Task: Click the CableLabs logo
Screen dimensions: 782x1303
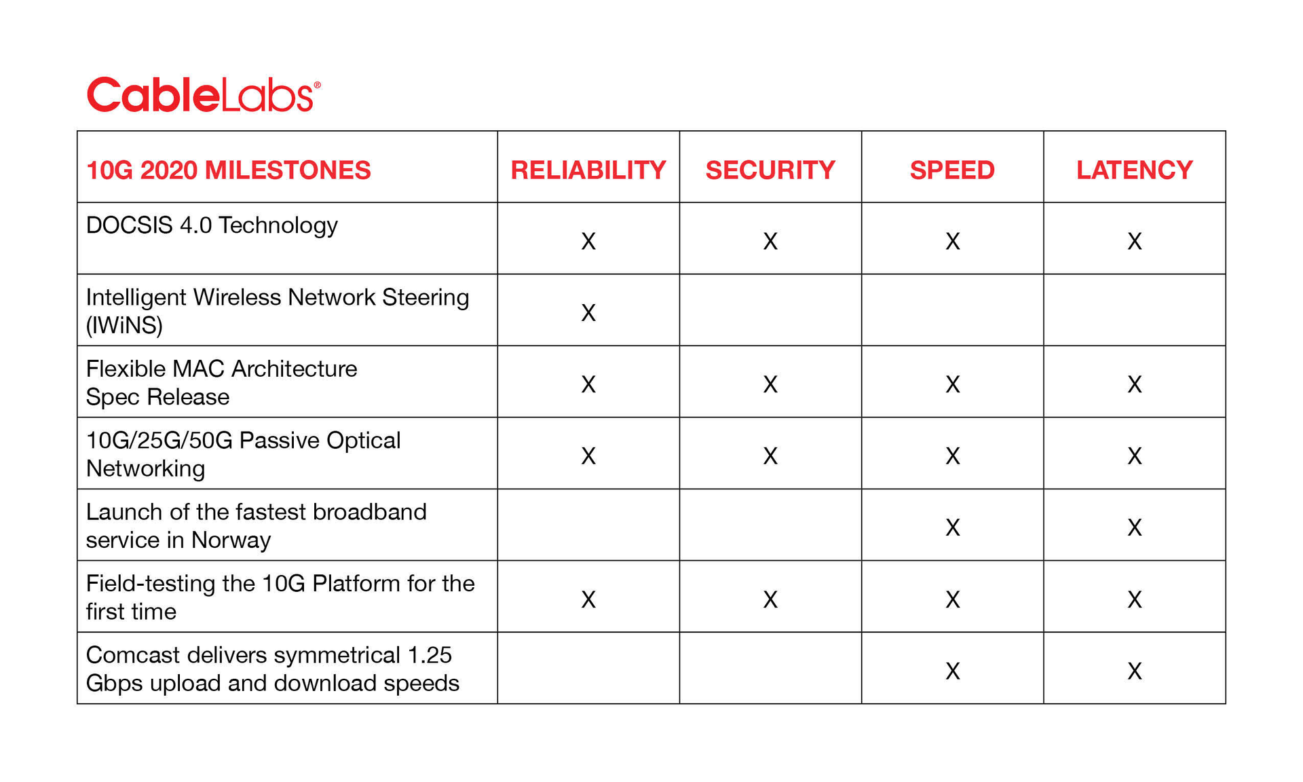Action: [x=203, y=94]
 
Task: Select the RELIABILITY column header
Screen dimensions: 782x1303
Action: [x=588, y=170]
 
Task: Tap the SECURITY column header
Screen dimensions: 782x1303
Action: [x=770, y=170]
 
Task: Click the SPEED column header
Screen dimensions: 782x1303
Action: [x=952, y=170]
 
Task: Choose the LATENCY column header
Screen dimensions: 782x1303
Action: [x=1134, y=170]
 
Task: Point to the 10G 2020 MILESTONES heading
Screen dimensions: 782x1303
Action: [x=229, y=170]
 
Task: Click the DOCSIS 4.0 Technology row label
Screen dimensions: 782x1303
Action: [x=212, y=225]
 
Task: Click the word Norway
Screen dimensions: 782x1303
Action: [x=231, y=540]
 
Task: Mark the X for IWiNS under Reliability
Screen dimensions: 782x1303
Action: [x=588, y=313]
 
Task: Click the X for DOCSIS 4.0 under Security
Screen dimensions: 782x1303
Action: [x=770, y=241]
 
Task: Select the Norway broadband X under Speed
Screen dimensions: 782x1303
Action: [x=952, y=527]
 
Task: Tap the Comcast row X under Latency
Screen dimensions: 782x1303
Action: [x=1134, y=671]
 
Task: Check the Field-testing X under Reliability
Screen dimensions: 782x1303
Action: [x=588, y=599]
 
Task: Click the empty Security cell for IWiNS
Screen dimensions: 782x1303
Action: [x=770, y=310]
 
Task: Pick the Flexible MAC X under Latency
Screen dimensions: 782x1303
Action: [x=1134, y=385]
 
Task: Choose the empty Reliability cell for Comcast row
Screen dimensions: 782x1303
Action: [x=588, y=668]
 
